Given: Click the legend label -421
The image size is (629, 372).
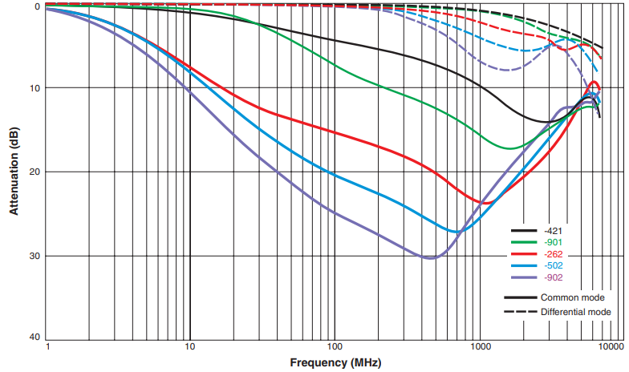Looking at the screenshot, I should (x=554, y=231).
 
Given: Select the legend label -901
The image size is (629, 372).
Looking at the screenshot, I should (x=554, y=243).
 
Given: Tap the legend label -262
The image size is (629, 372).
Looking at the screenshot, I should (x=554, y=254).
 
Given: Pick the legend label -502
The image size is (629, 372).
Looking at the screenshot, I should (x=554, y=266).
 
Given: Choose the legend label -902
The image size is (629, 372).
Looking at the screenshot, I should (x=554, y=277).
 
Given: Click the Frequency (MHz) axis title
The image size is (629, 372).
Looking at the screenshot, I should (x=331, y=363).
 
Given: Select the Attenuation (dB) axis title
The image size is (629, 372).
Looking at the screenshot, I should (x=14, y=171).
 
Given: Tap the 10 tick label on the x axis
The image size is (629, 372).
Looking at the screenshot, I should (x=190, y=347).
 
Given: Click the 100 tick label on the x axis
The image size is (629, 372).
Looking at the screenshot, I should (x=335, y=347).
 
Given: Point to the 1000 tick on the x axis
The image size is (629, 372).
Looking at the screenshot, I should (x=479, y=347).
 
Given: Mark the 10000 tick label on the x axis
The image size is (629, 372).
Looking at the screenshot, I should (x=611, y=347).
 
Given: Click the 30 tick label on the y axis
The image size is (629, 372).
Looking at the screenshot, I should (x=34, y=257).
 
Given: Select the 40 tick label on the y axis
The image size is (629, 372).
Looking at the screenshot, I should (x=34, y=338).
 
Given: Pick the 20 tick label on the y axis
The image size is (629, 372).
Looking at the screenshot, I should (x=34, y=172).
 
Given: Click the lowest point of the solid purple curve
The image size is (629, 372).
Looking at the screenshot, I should (x=430, y=258).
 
